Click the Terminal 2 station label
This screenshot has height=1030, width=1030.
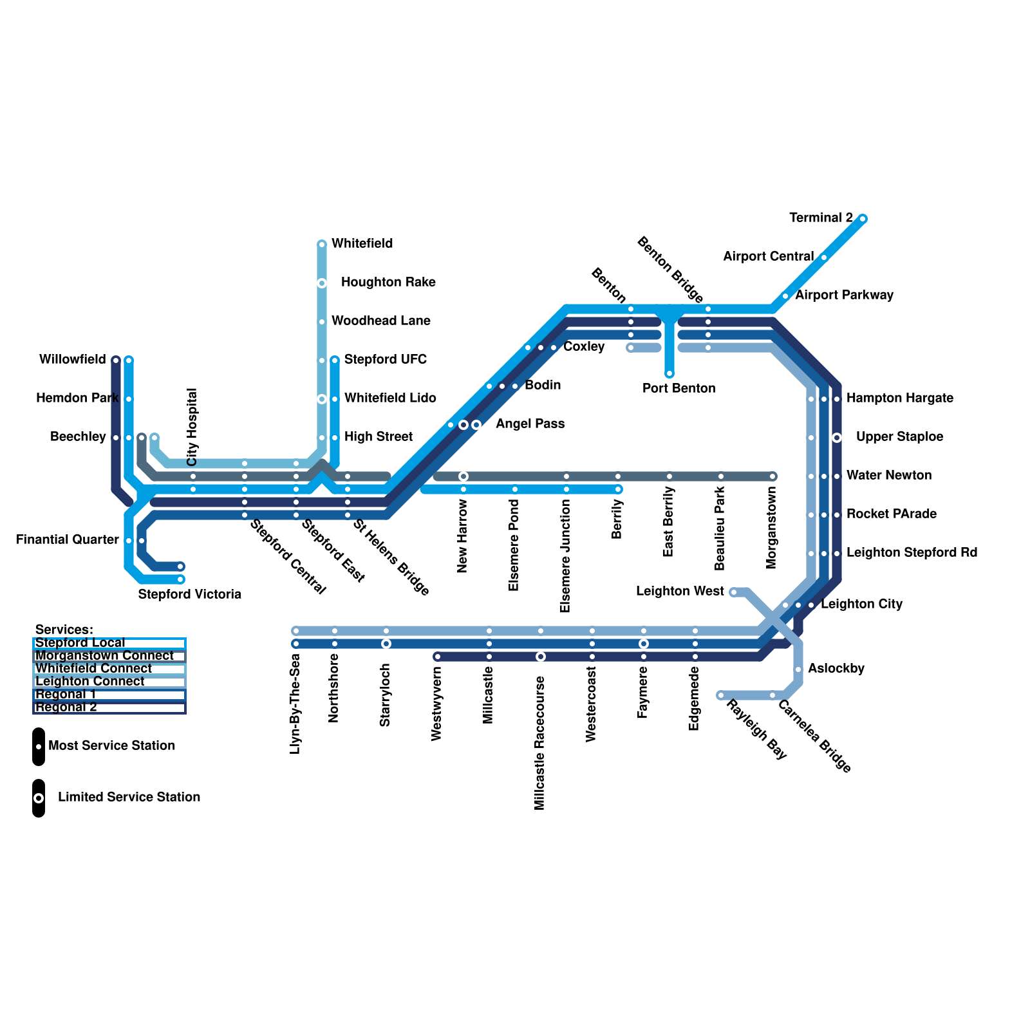[821, 218]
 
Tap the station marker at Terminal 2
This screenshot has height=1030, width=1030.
[863, 219]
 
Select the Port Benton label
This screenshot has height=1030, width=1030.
[679, 388]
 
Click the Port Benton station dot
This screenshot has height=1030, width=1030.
[669, 373]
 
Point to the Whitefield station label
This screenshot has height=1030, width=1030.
[362, 244]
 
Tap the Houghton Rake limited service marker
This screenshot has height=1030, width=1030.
[322, 283]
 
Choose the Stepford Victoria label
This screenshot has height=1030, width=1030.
[189, 594]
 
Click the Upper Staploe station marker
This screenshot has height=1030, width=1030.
[837, 438]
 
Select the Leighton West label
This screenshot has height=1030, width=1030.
[680, 592]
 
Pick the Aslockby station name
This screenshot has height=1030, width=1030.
[836, 669]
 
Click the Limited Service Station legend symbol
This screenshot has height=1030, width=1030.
[39, 798]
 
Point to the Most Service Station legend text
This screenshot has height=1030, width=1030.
[111, 746]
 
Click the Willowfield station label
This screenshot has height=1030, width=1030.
[72, 360]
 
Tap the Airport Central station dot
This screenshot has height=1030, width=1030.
[824, 257]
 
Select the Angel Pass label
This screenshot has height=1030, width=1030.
[530, 424]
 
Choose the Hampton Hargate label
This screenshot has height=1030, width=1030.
[899, 398]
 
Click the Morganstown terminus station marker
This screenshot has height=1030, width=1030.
[772, 476]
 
